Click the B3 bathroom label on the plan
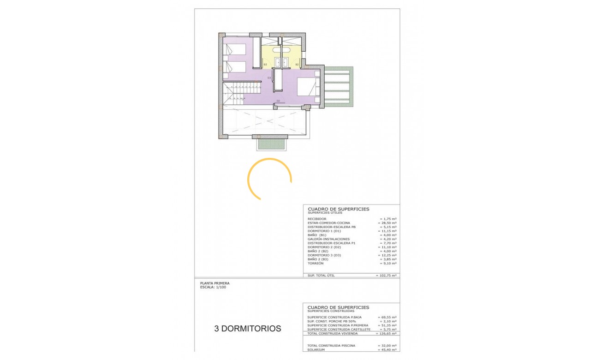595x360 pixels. pos(265,64)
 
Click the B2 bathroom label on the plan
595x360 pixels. pos(297,64)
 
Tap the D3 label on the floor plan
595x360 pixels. pos(269,78)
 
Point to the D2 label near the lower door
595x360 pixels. pos(278,101)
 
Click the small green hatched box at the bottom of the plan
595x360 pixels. pos(270,144)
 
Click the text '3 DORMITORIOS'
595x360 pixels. pos(248,329)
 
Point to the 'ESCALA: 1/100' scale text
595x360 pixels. pos(213,287)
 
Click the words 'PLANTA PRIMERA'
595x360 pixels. pos(214,283)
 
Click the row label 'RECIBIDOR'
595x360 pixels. pos(317,219)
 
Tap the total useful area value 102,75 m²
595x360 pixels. pos(387,276)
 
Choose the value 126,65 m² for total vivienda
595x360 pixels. pos(387,333)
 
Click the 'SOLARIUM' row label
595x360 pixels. pos(316,349)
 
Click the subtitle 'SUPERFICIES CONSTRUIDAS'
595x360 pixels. pos(332,311)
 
